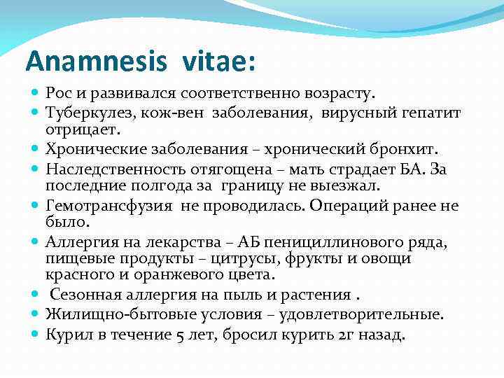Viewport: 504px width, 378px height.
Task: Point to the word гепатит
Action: [x=433, y=113]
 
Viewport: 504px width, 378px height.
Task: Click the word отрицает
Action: [x=83, y=129]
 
